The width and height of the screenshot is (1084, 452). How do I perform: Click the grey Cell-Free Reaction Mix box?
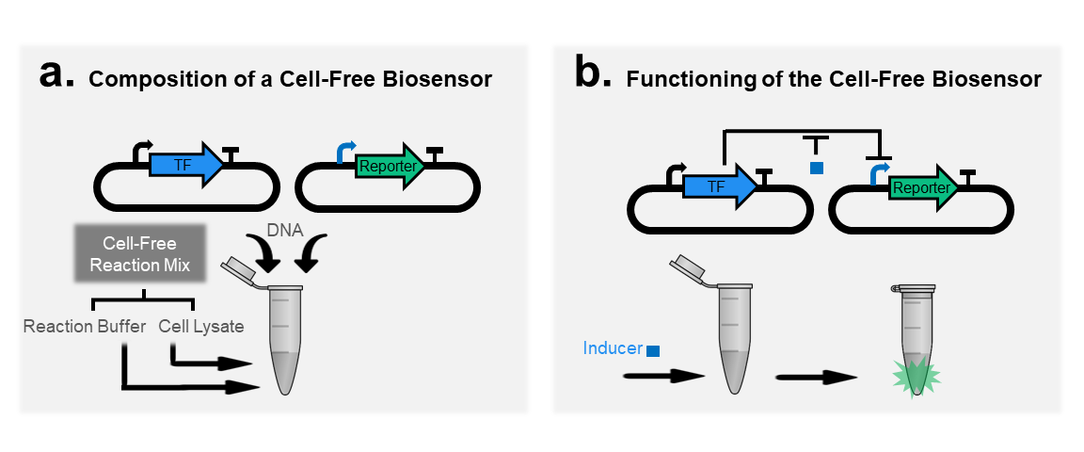pyautogui.click(x=139, y=255)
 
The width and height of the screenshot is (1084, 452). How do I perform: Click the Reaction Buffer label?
pyautogui.click(x=85, y=327)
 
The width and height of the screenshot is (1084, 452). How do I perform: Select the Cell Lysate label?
pyautogui.click(x=201, y=327)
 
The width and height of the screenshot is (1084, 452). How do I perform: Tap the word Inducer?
pyautogui.click(x=613, y=348)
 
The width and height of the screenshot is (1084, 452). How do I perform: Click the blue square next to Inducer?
pyautogui.click(x=653, y=350)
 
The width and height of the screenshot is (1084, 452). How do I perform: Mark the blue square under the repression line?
pyautogui.click(x=817, y=168)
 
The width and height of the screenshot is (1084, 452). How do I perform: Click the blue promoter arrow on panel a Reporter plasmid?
pyautogui.click(x=346, y=149)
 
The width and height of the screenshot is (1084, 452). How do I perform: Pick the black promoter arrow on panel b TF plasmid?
pyautogui.click(x=675, y=169)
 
